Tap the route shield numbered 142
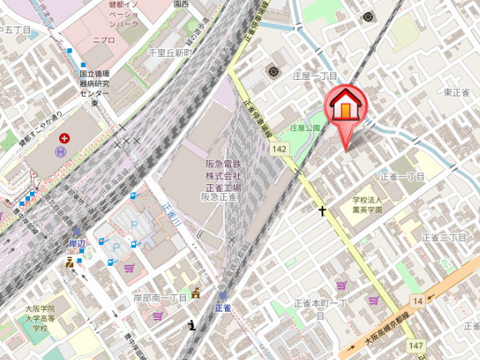[x=280, y=148]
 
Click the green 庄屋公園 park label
[x=305, y=128]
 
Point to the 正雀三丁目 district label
[x=444, y=238]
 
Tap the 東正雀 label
[x=457, y=92]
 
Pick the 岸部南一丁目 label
[x=161, y=298]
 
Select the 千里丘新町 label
[x=169, y=52]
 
